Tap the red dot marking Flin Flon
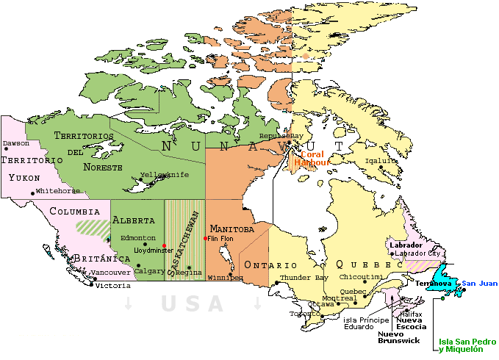tap(205, 238)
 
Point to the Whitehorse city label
tap(58, 190)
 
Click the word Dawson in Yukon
tap(16, 143)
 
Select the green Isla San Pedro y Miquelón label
tap(467, 345)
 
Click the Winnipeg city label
tap(225, 278)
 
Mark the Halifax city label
tap(412, 314)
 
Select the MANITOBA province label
tap(231, 228)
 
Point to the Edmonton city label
tap(138, 237)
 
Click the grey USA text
tap(193, 303)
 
